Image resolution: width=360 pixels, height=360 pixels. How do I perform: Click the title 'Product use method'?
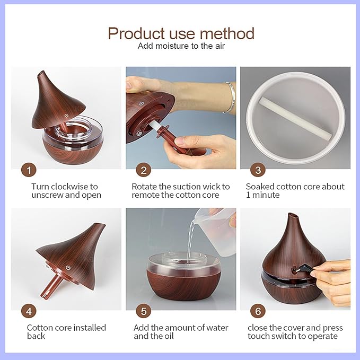pyautogui.click(x=181, y=33)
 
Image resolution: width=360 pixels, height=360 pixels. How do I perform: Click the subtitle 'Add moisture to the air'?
pyautogui.click(x=180, y=46)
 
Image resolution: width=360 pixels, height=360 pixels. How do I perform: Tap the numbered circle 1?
pyautogui.click(x=29, y=170)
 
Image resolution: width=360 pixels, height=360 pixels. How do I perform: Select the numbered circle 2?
pyautogui.click(x=143, y=170)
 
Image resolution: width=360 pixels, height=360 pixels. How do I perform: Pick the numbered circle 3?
pyautogui.click(x=258, y=170)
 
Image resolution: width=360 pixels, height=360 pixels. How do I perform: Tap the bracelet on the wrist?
pyautogui.click(x=230, y=97)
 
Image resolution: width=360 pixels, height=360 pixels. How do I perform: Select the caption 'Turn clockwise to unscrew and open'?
pyautogui.click(x=65, y=191)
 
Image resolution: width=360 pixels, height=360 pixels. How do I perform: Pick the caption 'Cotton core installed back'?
pyautogui.click(x=66, y=332)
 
